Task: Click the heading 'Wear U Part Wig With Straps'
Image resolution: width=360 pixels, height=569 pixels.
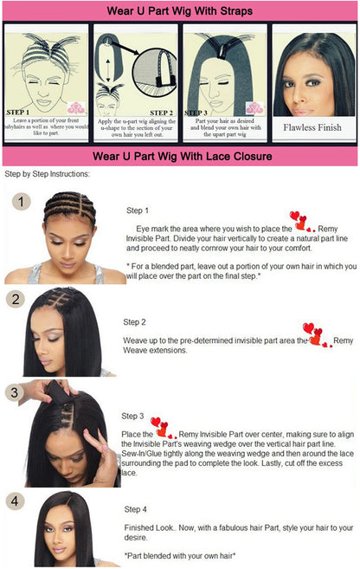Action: tap(180, 11)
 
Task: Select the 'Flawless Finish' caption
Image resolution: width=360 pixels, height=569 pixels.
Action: tap(312, 127)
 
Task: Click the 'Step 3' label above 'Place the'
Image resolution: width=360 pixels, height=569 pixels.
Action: tap(133, 416)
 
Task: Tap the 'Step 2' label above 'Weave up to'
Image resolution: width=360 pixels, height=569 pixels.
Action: tap(134, 321)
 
